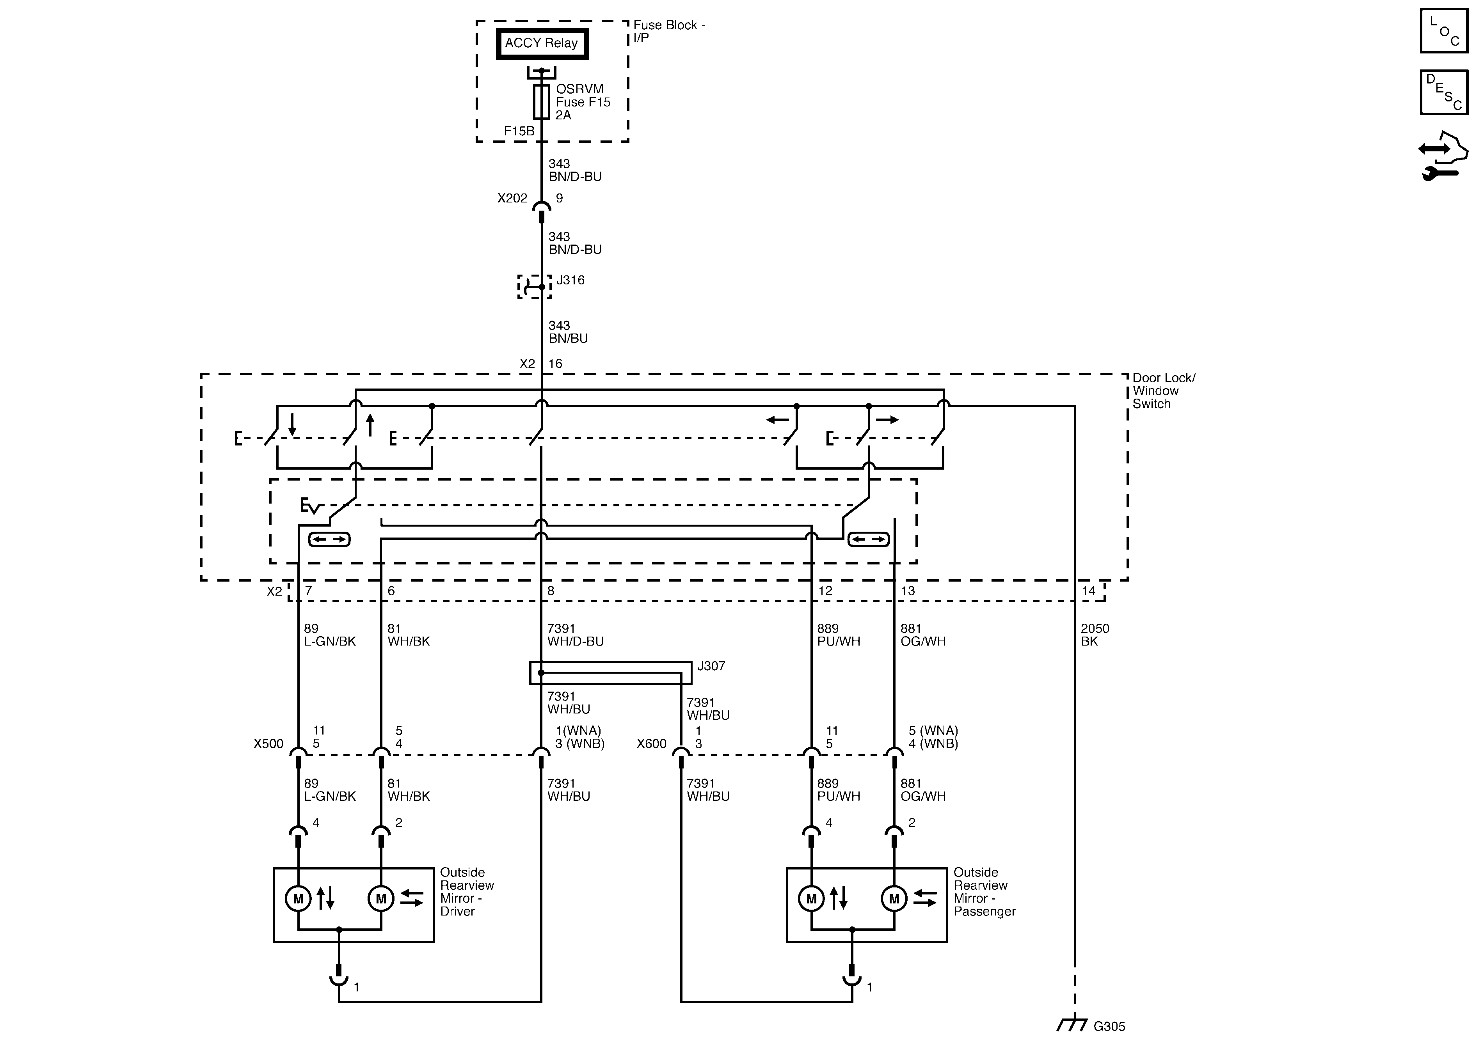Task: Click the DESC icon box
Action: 1443,92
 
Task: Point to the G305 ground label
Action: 1109,1026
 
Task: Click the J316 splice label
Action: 570,280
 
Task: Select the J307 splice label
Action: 711,666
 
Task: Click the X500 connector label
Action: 268,744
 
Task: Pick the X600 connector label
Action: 651,744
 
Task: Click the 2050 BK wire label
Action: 1095,635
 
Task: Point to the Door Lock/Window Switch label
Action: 1164,390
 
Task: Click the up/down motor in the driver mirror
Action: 298,899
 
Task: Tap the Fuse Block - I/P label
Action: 669,31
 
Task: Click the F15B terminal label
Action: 519,131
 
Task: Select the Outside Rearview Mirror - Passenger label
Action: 984,892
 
